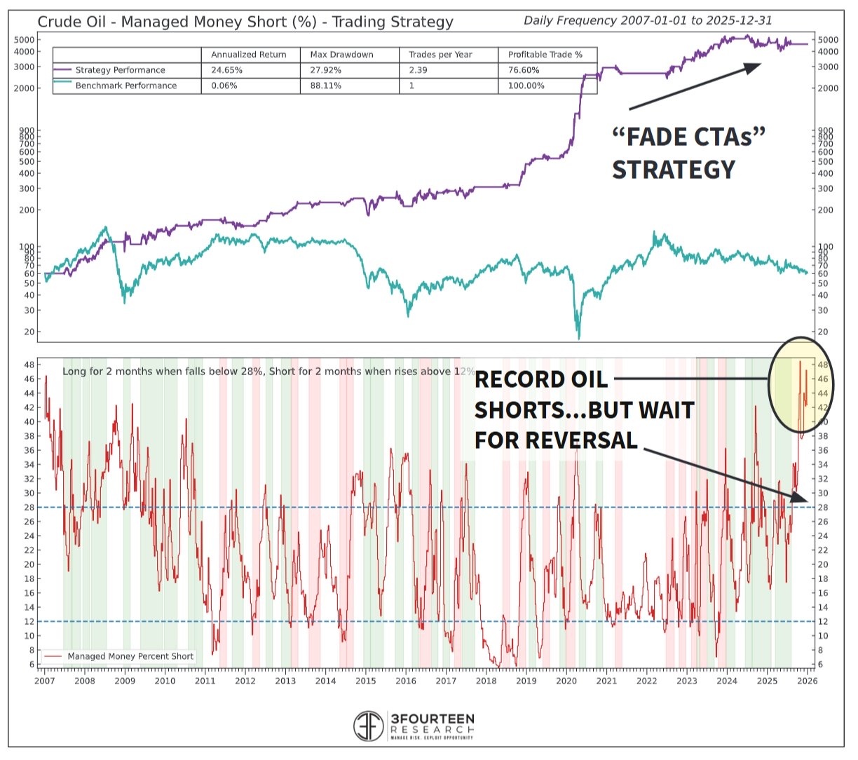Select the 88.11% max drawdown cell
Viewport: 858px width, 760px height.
pos(325,86)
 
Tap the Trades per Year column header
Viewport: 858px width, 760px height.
pos(440,55)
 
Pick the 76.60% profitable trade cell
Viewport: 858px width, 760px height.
pos(524,70)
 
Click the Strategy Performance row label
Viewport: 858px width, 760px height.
pos(120,70)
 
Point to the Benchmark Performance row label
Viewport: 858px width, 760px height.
pos(125,86)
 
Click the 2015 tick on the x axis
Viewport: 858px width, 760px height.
pos(365,681)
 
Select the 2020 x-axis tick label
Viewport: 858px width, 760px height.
pos(566,681)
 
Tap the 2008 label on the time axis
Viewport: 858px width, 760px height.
pos(84,681)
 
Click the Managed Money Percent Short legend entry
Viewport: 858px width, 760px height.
pos(130,657)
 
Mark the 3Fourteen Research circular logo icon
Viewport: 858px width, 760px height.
pos(368,726)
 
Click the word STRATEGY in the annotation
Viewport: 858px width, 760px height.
pos(674,170)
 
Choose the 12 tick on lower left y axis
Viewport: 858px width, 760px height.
pos(29,622)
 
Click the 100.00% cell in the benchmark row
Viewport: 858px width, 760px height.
pos(526,86)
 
